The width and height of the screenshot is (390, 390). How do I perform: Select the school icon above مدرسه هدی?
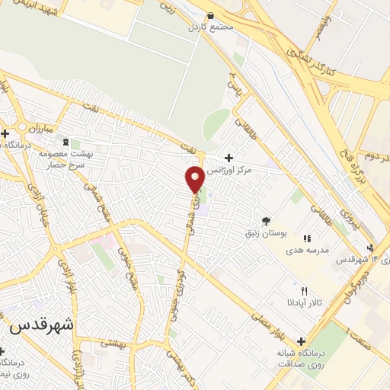pyautogui.click(x=307, y=238)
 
